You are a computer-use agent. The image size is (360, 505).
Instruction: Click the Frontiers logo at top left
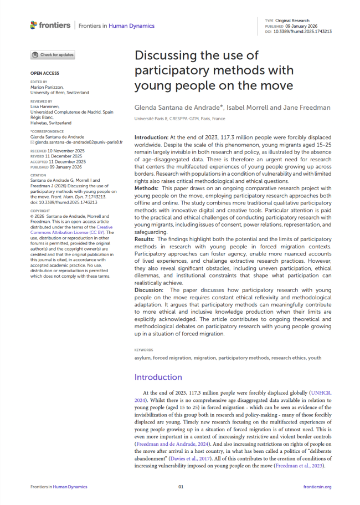(50, 25)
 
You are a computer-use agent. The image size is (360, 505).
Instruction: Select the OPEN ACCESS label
(44, 73)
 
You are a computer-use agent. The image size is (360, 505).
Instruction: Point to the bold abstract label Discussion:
(151, 290)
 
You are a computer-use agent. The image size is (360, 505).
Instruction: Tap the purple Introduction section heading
(158, 377)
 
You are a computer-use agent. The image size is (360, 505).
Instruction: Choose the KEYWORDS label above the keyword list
(144, 350)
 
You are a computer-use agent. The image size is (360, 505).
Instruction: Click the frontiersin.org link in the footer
(317, 487)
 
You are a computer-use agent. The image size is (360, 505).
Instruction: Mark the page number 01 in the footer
(180, 487)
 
